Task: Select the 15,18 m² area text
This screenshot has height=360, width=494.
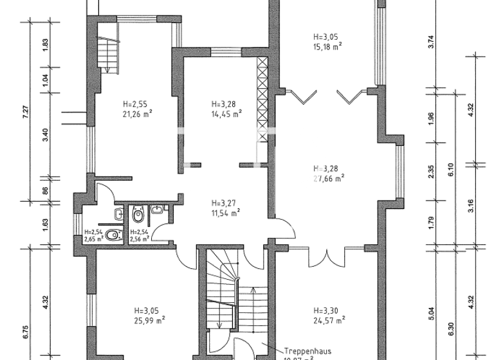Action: [327, 46]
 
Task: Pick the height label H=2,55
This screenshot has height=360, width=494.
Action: [136, 105]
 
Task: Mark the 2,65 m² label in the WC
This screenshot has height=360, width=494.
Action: [93, 239]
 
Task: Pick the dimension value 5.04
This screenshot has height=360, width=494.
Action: [432, 313]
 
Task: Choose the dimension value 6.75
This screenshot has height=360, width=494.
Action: [25, 334]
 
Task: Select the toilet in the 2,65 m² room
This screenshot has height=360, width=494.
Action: [113, 235]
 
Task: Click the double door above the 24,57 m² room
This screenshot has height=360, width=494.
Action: [327, 256]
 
